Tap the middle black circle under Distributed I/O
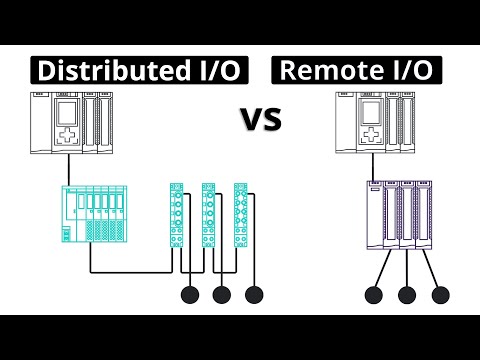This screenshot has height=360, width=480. click(x=222, y=295)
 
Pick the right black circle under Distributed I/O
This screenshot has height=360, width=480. click(x=254, y=295)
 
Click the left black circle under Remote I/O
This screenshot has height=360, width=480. click(x=374, y=295)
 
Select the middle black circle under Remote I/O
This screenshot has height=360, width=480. click(x=407, y=295)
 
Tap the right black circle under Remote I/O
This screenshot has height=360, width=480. click(x=439, y=295)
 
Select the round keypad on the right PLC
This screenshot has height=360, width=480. click(x=369, y=137)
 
